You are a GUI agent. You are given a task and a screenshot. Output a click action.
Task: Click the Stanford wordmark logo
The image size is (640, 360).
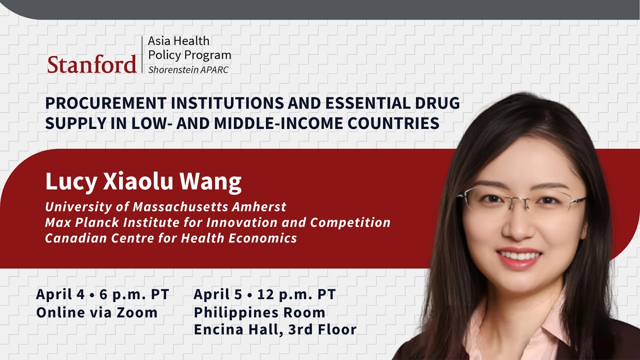point(92,64)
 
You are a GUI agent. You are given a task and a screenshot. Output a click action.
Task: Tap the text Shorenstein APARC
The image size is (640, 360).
point(188,70)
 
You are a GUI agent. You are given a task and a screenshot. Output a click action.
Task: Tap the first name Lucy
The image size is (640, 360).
point(67,182)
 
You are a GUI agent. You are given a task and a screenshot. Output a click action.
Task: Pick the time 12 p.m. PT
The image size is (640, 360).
point(296,294)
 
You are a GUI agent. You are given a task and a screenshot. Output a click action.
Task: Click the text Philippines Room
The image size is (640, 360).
point(259,313)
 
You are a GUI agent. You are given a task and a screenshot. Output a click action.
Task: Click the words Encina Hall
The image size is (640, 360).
point(233,330)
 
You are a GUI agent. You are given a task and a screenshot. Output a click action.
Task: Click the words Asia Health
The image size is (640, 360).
point(178,41)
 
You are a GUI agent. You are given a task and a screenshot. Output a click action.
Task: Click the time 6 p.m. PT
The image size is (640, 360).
point(134,294)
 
